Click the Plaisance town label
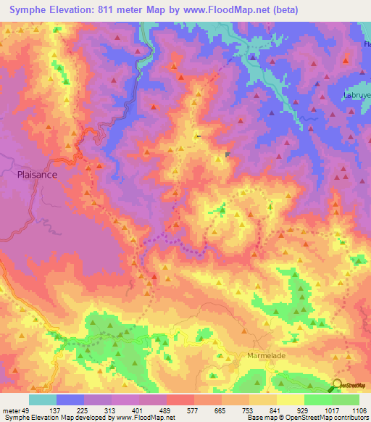[37, 175]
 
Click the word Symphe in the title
[31, 10]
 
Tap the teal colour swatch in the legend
[43, 400]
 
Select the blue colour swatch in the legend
[70, 400]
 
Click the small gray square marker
[228, 154]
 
